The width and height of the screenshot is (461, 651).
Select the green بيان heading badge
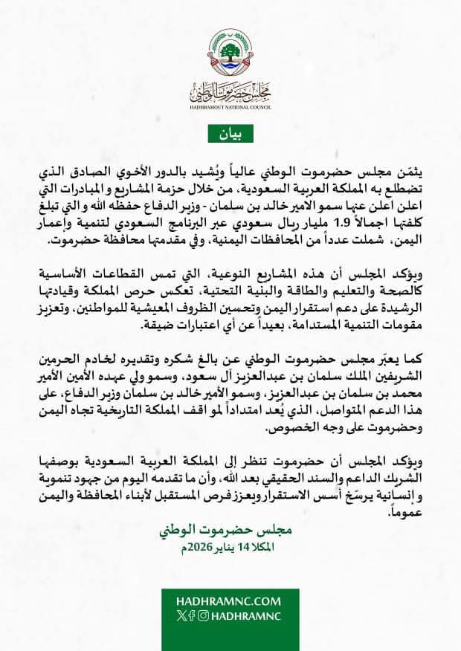tap(230, 134)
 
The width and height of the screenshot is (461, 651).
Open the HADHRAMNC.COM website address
tap(230, 600)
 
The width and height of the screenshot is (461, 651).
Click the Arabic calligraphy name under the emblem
tap(230, 93)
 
